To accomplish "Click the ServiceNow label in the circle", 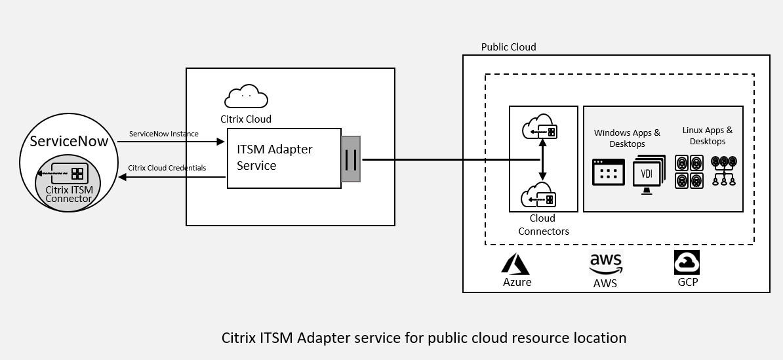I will click(69, 142).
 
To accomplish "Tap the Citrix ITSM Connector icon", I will click(68, 174).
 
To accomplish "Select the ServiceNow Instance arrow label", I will click(163, 134).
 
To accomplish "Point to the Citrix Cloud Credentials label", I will click(167, 168).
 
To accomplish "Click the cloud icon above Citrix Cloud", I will click(246, 96).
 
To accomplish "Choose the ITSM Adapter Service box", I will click(283, 158).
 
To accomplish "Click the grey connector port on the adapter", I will click(351, 159).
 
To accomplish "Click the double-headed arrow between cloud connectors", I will click(542, 161).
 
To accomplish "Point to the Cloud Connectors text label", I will click(544, 224).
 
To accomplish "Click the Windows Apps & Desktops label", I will click(627, 138).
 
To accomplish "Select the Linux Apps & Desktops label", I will click(707, 136).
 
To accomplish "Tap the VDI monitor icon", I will click(649, 174).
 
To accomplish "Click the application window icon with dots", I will click(608, 172).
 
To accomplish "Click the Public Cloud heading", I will click(508, 47).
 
